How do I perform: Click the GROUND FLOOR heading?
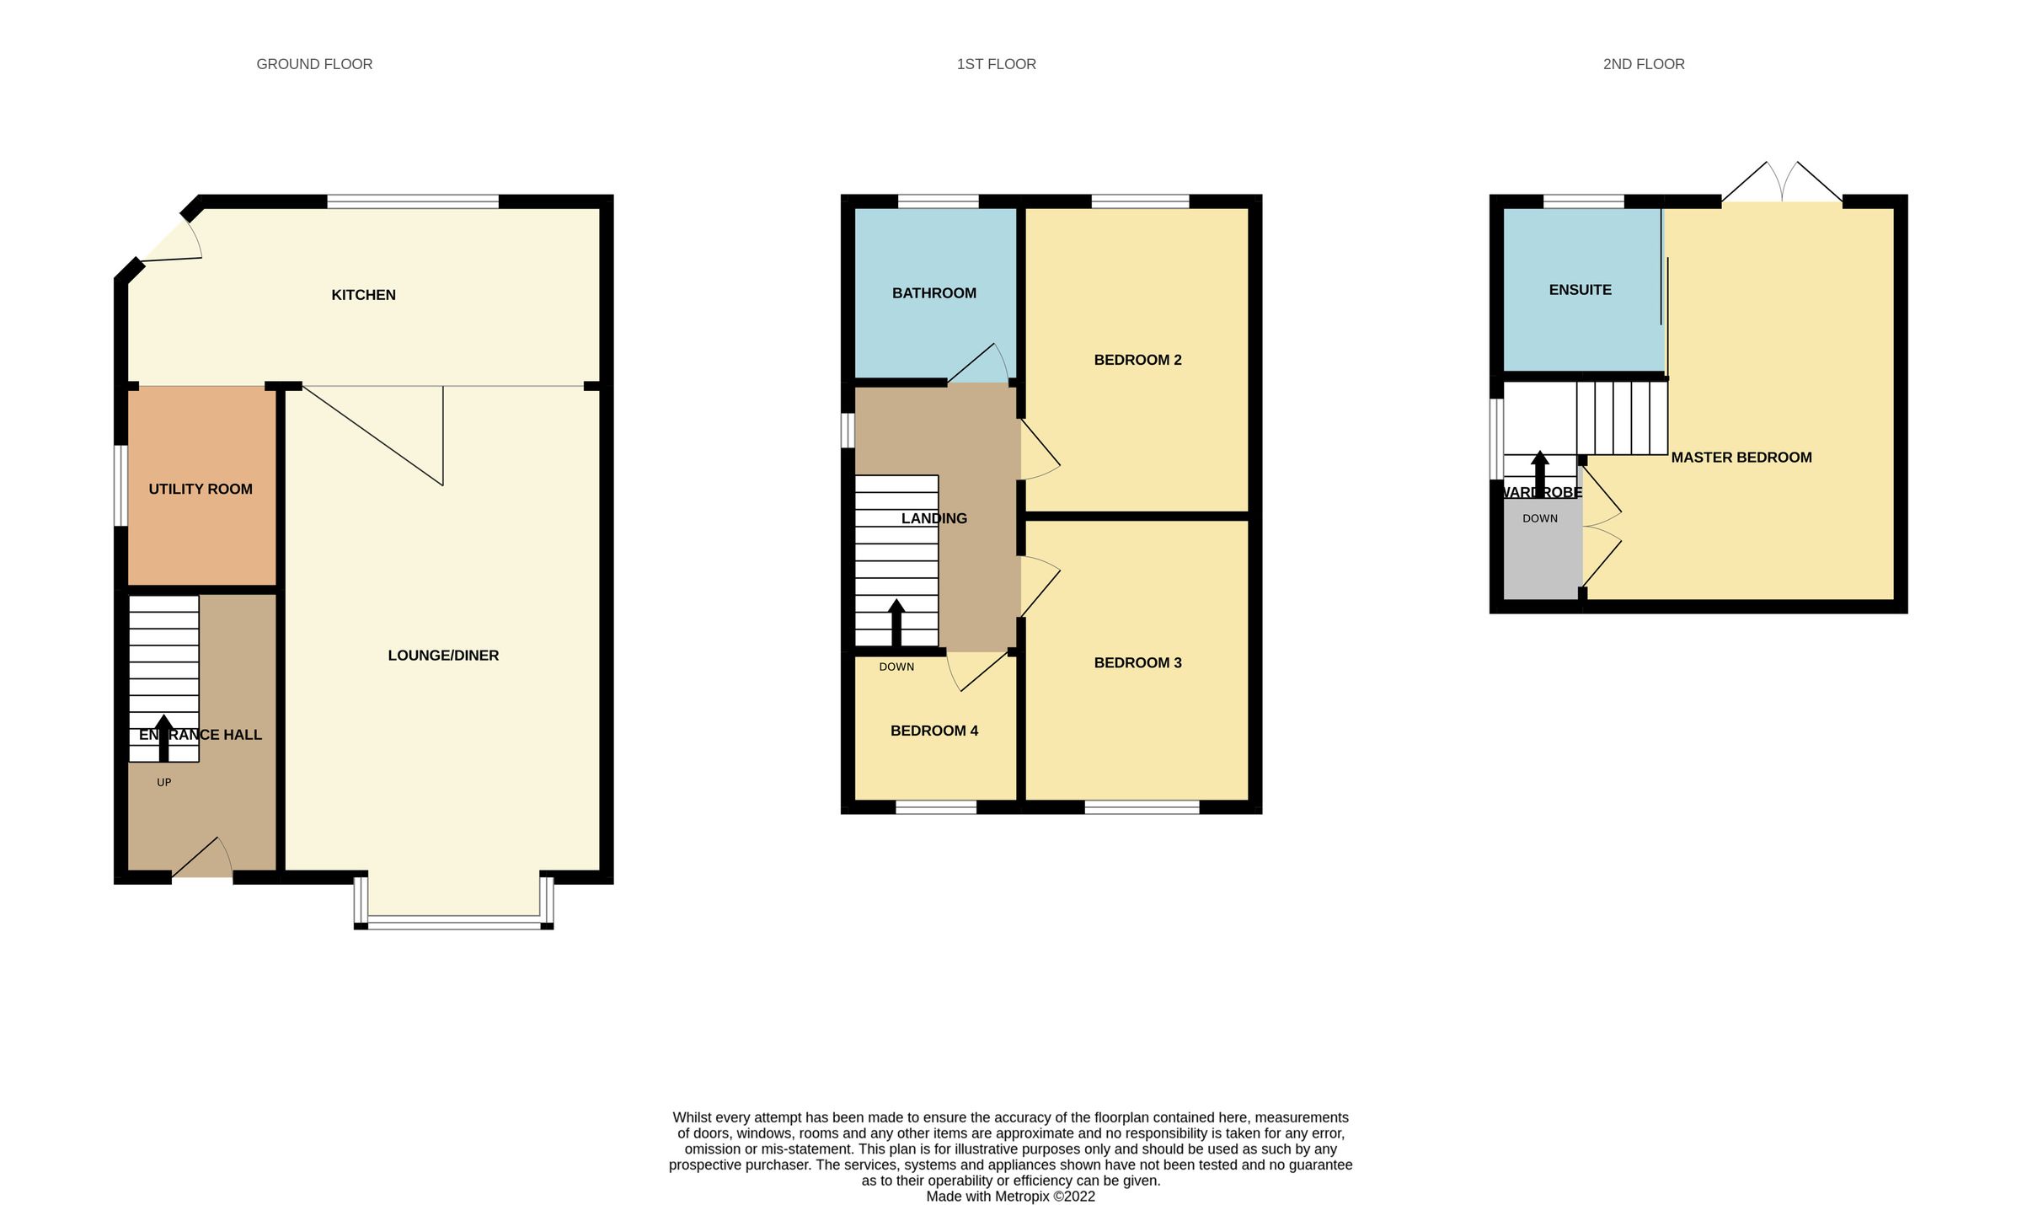click(x=314, y=64)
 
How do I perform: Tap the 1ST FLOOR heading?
click(x=996, y=64)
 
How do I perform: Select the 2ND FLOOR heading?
click(x=1643, y=64)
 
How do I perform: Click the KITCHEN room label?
click(x=363, y=295)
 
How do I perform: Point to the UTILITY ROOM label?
click(x=201, y=489)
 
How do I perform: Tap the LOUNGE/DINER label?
click(x=443, y=656)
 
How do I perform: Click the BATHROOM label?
click(x=933, y=293)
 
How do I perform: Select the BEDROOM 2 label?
click(x=1137, y=360)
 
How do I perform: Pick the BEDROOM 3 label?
click(x=1137, y=663)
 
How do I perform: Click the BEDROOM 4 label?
click(x=933, y=731)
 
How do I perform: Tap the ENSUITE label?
click(x=1580, y=290)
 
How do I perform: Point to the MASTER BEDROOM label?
click(x=1741, y=458)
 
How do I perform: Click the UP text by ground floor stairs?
click(x=164, y=783)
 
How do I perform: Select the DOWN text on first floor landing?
click(x=896, y=667)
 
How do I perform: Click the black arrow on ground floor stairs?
click(x=164, y=738)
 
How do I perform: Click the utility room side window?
click(x=121, y=486)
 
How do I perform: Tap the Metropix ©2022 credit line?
click(x=1010, y=1197)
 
